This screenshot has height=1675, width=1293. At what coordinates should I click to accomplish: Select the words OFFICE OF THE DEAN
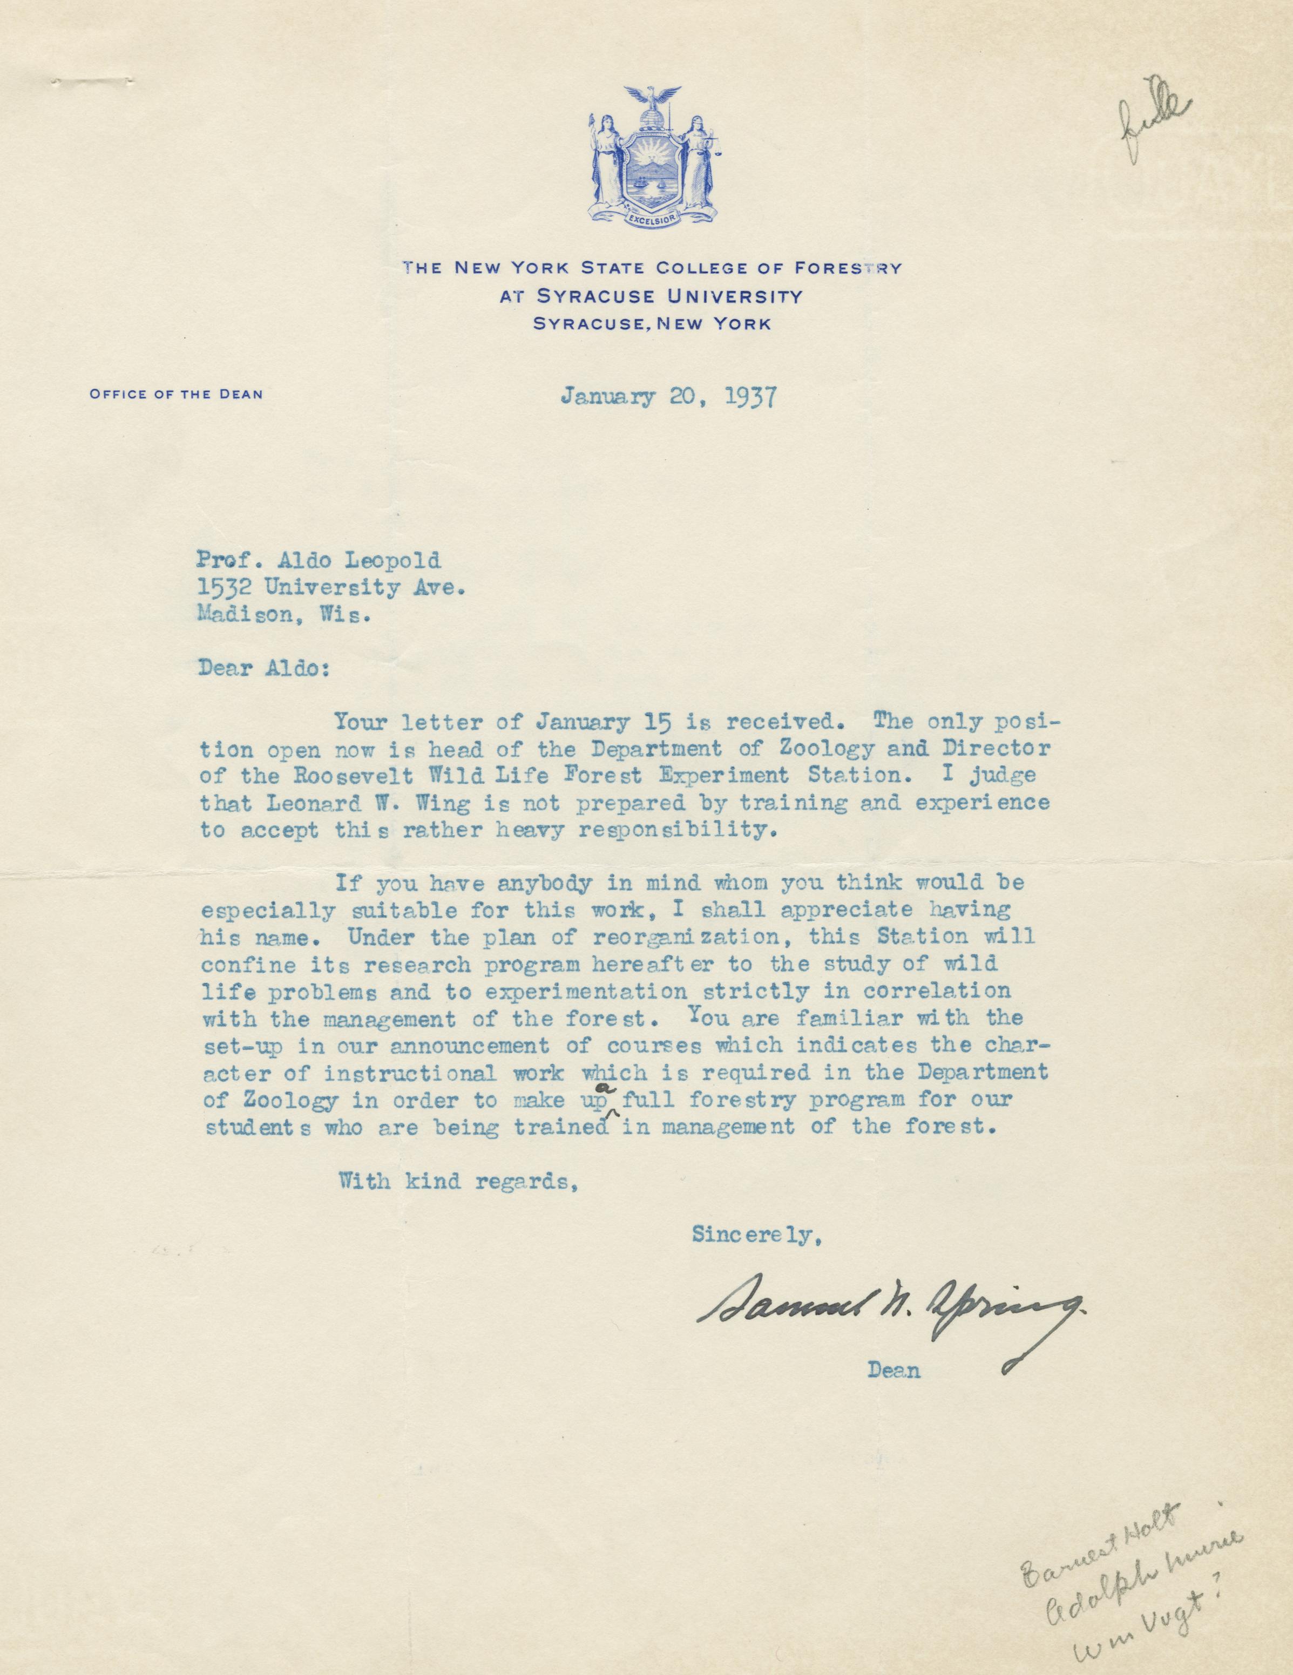coord(177,394)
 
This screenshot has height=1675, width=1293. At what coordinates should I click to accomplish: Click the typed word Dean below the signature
coord(893,1370)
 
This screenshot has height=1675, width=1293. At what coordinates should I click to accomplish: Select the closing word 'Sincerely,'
coord(759,1234)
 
